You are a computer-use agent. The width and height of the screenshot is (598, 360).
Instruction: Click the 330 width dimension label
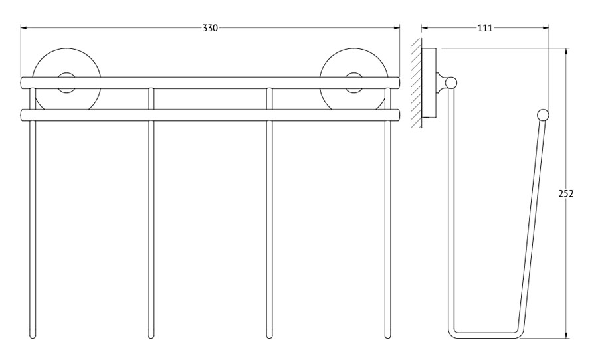pos(210,28)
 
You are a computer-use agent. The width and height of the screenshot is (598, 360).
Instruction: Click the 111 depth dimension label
pos(485,28)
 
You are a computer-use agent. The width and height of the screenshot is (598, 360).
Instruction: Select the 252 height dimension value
pos(566,194)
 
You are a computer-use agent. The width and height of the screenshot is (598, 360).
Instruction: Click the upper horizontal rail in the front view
pos(210,83)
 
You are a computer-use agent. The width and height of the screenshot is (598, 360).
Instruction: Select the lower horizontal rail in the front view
pos(210,115)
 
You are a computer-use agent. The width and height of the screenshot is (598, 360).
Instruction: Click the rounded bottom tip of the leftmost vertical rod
pos(33,337)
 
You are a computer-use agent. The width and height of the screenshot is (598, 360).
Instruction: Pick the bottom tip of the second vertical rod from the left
pos(151,337)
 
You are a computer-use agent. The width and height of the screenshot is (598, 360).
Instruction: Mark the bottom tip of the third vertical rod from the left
pos(269,337)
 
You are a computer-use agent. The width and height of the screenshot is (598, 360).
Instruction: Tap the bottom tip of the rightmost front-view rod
pos(388,337)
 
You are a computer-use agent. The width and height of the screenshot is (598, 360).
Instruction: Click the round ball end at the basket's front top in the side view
pos(543,115)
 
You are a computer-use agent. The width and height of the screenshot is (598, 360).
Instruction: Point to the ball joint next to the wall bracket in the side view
pos(451,83)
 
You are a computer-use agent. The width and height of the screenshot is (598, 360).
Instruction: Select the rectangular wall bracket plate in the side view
pos(429,83)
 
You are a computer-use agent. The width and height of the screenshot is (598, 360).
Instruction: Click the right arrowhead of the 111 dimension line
pos(546,28)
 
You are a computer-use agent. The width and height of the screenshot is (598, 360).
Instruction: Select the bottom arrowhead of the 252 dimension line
pos(566,335)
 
